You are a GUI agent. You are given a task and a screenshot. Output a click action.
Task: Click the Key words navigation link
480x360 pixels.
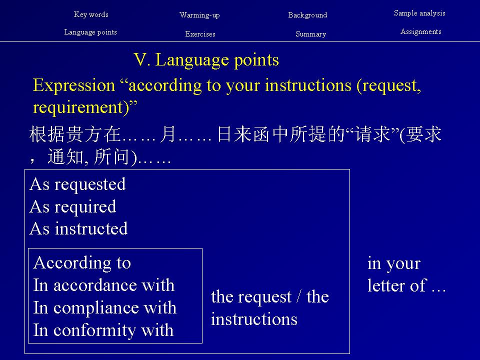tap(91, 14)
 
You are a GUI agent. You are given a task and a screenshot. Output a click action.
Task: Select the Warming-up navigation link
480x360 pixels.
tap(199, 15)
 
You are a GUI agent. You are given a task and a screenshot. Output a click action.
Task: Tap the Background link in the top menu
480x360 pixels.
tap(307, 15)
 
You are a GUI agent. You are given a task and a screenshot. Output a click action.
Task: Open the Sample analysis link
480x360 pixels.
tap(419, 13)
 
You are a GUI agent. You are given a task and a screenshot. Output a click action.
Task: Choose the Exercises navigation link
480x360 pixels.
tap(200, 34)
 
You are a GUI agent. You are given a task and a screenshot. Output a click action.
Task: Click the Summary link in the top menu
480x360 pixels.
tap(310, 34)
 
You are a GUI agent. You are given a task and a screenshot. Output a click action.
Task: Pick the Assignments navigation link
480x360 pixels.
tap(421, 31)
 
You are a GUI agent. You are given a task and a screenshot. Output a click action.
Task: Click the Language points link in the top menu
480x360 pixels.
tap(90, 32)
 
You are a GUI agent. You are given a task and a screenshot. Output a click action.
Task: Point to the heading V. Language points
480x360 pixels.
tap(206, 59)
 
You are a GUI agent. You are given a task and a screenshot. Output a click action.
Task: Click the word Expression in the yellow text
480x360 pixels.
tap(74, 85)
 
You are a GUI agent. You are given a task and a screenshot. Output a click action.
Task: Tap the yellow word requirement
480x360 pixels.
tap(78, 107)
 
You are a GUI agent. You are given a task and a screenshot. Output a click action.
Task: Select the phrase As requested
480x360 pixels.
tap(77, 184)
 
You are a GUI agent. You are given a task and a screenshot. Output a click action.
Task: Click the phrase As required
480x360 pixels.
tap(73, 206)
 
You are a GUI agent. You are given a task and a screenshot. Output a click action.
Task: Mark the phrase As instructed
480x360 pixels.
tap(78, 228)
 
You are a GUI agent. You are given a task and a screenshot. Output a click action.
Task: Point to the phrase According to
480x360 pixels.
tap(82, 262)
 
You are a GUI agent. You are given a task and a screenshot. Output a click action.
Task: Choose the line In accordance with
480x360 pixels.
tap(104, 285)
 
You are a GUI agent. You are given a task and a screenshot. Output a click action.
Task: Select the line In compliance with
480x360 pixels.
tap(104, 307)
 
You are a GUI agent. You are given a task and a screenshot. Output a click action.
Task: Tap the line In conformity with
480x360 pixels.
tap(103, 330)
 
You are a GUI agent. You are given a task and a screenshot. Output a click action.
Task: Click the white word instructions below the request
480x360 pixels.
tap(254, 319)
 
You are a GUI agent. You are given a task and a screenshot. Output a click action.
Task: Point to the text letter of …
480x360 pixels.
tap(406, 285)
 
